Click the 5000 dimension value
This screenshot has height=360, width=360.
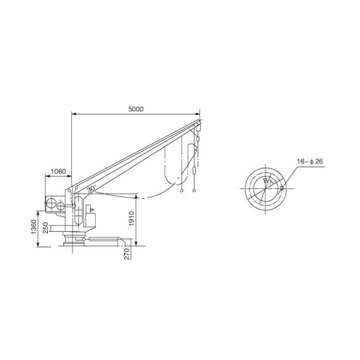click(x=136, y=109)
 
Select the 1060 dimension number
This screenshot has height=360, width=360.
click(x=58, y=171)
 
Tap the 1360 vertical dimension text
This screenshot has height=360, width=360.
click(x=33, y=227)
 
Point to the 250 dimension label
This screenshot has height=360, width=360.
click(x=46, y=228)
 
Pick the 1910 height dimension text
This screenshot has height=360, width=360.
click(x=131, y=219)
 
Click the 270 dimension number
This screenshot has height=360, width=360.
click(x=127, y=254)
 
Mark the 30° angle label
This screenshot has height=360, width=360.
click(x=91, y=189)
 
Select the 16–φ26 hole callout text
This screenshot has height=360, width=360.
click(x=310, y=161)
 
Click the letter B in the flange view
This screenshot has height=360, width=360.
click(x=266, y=181)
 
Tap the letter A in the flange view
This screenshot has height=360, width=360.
click(x=271, y=183)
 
